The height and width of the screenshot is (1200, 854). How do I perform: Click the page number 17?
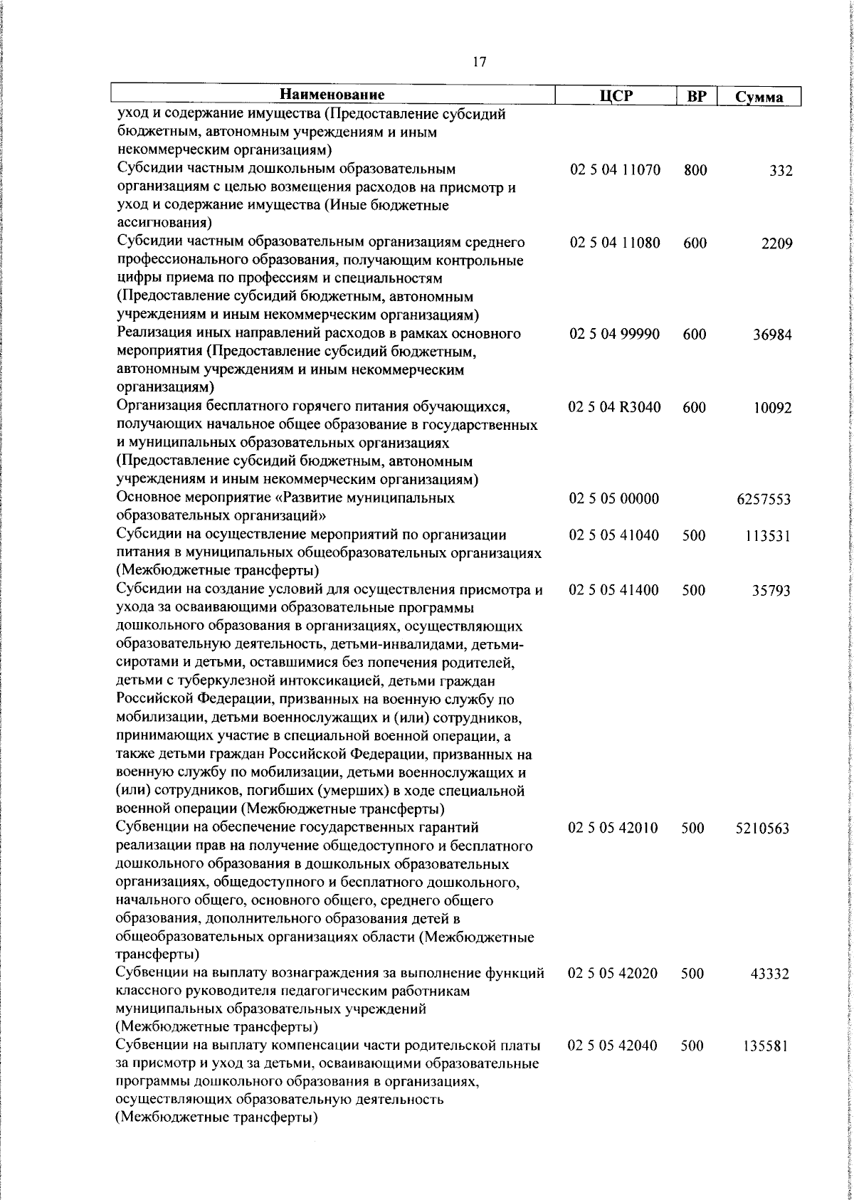(478, 62)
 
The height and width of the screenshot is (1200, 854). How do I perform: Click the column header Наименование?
(332, 95)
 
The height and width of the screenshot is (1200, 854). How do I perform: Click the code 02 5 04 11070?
(615, 171)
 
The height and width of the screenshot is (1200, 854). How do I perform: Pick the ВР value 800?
(695, 171)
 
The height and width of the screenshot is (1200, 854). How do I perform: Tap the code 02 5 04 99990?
(615, 335)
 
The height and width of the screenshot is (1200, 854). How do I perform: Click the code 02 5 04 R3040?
(615, 408)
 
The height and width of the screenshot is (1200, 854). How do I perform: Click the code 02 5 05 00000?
(614, 499)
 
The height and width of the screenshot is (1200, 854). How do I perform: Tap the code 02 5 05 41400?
(614, 590)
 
